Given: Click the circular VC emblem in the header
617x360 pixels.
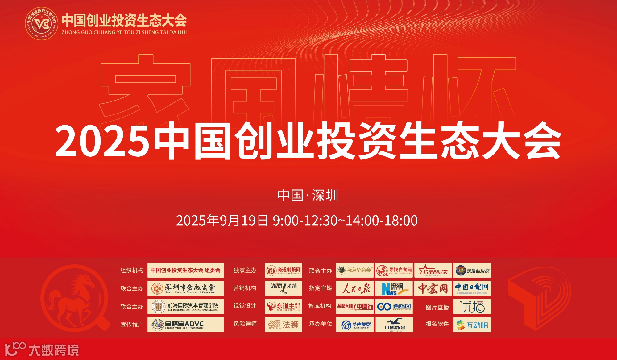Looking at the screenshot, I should (x=41, y=24).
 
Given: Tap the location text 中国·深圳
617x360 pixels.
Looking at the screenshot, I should (x=308, y=196).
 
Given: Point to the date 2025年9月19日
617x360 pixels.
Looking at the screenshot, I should (x=222, y=221).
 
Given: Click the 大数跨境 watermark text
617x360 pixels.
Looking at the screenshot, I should (x=54, y=350).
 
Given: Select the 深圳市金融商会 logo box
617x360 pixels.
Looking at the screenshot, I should (x=186, y=288).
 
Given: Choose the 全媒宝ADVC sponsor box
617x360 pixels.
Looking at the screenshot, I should (x=186, y=325).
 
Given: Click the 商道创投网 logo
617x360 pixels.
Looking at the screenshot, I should (x=283, y=271).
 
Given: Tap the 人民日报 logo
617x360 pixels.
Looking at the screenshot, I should (x=355, y=288).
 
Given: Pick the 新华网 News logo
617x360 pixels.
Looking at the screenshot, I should (x=394, y=288).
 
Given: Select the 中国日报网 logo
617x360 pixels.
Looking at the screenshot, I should (x=472, y=288).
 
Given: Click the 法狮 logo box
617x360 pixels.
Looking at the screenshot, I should (x=283, y=325).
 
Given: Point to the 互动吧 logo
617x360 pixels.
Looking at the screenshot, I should (x=472, y=325).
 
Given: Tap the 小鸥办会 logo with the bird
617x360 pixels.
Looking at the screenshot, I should (x=394, y=325).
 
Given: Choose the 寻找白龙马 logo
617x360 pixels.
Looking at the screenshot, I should (x=394, y=271).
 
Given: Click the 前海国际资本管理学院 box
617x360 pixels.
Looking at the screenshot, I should (x=186, y=306).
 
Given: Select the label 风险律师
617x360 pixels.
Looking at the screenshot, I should (x=245, y=324).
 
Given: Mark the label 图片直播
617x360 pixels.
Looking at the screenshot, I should (x=437, y=307).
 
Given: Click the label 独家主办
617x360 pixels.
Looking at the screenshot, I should (x=245, y=271).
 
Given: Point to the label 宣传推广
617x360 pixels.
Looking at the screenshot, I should (x=132, y=325).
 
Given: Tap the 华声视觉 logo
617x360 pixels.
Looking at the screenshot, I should (x=355, y=325).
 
